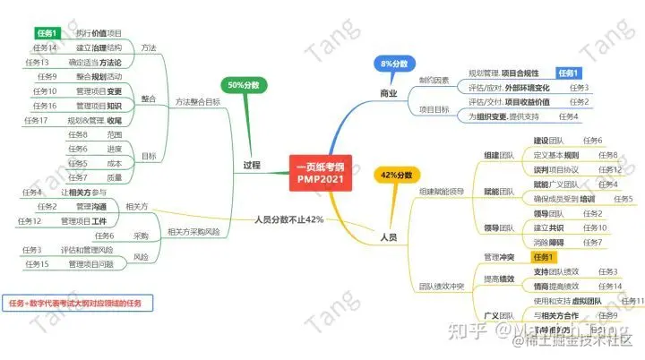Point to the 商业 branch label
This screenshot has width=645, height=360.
[x=388, y=92]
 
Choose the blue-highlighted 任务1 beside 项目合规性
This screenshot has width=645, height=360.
[x=569, y=73]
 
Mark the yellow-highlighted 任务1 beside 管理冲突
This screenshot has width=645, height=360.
[x=546, y=257]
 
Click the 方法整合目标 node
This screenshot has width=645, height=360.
[x=197, y=101]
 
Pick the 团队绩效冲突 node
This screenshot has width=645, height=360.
[x=441, y=287]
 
